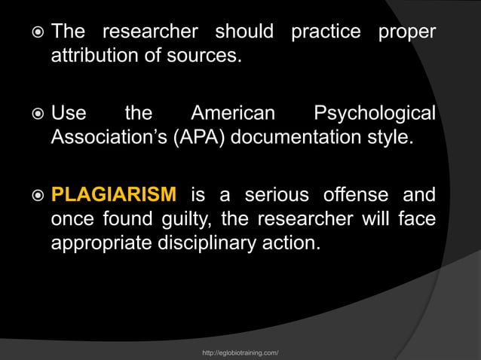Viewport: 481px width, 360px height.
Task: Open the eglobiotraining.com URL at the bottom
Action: [241, 352]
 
